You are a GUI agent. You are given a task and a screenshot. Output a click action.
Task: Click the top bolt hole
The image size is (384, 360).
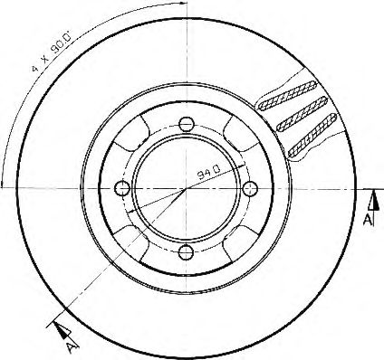[x=186, y=124]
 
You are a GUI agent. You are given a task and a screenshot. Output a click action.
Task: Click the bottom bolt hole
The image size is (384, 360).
[x=186, y=252]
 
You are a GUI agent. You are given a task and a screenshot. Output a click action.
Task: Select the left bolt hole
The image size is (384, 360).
[x=122, y=188]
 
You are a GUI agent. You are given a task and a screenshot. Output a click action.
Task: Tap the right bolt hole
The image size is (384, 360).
[x=250, y=188]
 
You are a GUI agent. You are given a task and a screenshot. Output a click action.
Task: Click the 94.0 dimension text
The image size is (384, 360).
[x=209, y=172]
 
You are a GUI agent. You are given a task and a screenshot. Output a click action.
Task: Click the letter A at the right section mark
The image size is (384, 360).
[x=368, y=220]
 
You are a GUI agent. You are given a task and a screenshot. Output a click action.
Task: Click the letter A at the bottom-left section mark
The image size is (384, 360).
[x=70, y=348]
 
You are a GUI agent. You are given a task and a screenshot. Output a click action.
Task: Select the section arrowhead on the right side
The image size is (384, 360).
[x=375, y=200]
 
